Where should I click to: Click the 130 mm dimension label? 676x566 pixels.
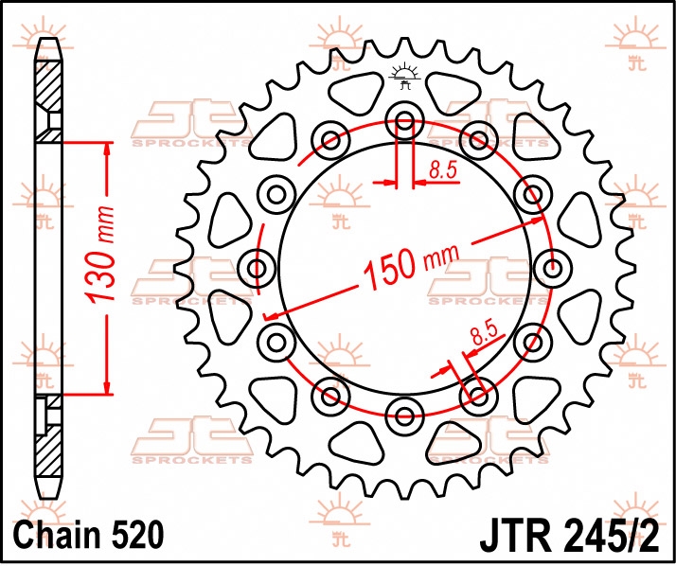(x=99, y=255)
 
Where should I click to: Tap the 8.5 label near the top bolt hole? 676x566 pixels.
(x=443, y=170)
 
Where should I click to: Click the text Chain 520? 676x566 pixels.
(x=89, y=535)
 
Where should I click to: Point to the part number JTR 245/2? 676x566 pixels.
(x=570, y=537)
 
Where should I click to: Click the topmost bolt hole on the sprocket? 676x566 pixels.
(x=404, y=121)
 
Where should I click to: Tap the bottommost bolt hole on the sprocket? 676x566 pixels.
(x=404, y=416)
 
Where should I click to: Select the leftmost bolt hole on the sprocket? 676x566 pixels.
(x=257, y=269)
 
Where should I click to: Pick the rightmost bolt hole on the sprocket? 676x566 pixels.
(x=552, y=269)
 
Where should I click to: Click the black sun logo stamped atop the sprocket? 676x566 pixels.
(x=404, y=76)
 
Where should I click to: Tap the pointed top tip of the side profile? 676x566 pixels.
(x=48, y=39)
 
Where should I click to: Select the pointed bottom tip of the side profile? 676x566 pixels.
(x=48, y=498)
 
